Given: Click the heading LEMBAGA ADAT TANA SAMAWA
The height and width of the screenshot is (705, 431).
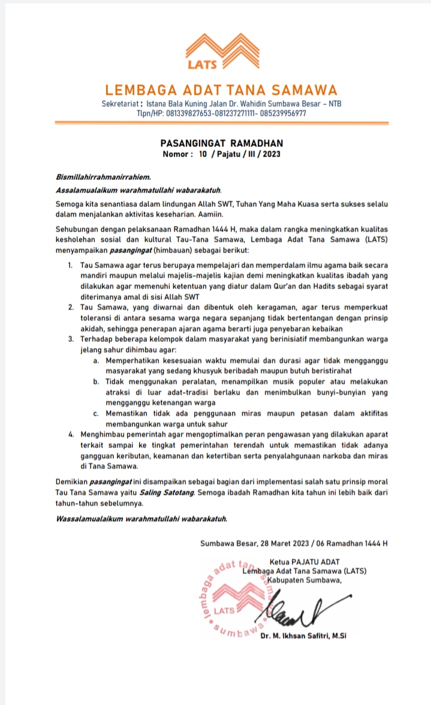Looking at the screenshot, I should coord(221,91).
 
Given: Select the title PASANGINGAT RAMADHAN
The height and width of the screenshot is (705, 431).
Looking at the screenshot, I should coord(222,143).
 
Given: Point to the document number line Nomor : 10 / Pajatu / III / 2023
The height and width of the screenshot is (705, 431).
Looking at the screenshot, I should coord(222,154).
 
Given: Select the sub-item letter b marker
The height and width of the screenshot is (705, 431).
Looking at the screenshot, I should coord(96,381).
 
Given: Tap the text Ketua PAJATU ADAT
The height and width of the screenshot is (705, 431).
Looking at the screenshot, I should coord(305,562).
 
